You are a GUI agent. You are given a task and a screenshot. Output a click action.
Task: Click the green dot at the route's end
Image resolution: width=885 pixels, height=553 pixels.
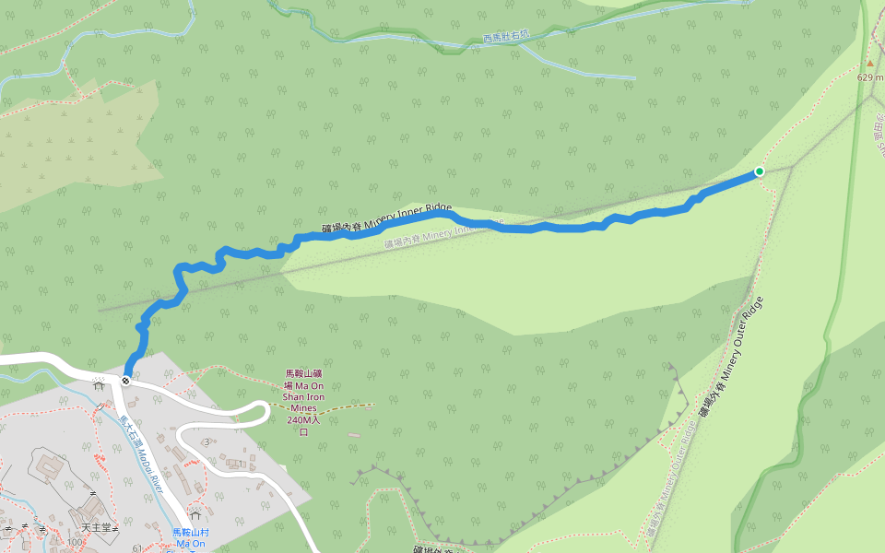click(760, 171)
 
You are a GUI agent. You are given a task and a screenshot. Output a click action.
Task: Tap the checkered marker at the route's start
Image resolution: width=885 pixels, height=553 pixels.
click(125, 379)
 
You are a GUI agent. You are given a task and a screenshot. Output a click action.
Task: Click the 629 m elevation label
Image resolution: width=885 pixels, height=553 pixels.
click(869, 77)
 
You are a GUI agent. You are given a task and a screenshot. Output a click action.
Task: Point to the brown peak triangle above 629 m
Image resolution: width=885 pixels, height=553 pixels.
click(869, 64)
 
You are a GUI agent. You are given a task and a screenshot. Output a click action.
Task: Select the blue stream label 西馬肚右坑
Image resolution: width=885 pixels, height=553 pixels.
click(507, 37)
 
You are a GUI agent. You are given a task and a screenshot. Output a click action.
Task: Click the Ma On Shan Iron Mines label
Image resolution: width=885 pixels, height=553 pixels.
click(303, 403)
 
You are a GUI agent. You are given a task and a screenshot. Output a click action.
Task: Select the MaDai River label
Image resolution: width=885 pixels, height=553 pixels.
click(140, 452)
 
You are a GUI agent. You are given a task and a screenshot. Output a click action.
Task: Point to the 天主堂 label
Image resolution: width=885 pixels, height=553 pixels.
click(96, 528)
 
